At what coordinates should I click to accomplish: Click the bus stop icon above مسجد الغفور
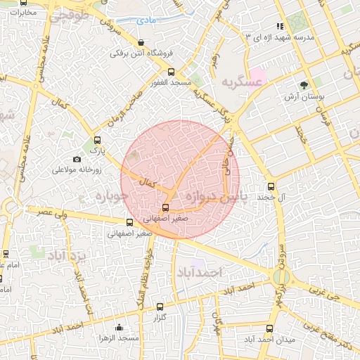(172, 72)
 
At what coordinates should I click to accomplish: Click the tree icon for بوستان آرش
(304, 85)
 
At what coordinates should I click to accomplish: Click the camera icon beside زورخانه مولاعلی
(77, 159)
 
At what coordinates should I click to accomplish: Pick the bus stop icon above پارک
(97, 139)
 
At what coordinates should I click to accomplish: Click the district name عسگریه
(243, 82)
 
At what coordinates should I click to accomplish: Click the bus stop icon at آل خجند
(271, 186)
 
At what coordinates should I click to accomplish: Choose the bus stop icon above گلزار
(160, 307)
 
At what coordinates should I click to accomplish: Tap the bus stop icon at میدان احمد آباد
(269, 328)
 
